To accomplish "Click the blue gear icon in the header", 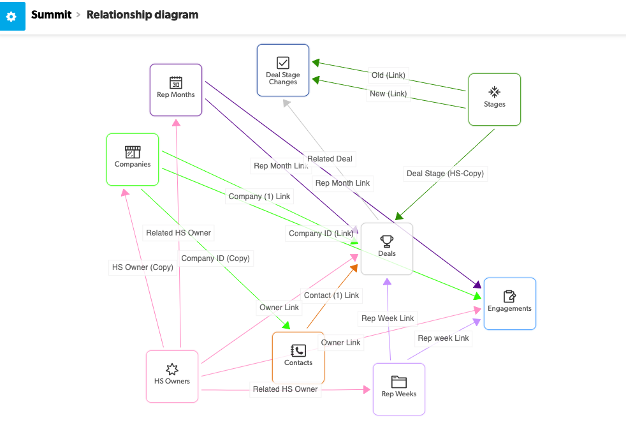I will pyautogui.click(x=12, y=16).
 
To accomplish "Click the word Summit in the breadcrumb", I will pyautogui.click(x=51, y=15).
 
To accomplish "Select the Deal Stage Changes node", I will pyautogui.click(x=283, y=70).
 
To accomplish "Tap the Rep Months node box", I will pyautogui.click(x=176, y=90).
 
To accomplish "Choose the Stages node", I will pyautogui.click(x=495, y=100).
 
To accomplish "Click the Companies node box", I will pyautogui.click(x=133, y=160).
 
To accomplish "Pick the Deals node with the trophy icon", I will pyautogui.click(x=387, y=249).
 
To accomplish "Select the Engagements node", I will pyautogui.click(x=510, y=304).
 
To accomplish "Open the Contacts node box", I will pyautogui.click(x=298, y=357).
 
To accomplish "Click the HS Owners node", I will pyautogui.click(x=172, y=377).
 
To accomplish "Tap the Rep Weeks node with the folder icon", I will pyautogui.click(x=399, y=389).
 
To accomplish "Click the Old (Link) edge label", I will pyautogui.click(x=388, y=75).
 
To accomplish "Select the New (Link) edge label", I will pyautogui.click(x=388, y=94).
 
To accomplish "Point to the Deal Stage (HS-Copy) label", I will pyautogui.click(x=445, y=174).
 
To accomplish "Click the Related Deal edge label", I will pyautogui.click(x=330, y=159).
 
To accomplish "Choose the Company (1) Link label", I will pyautogui.click(x=259, y=197).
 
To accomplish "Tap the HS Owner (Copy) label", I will pyautogui.click(x=143, y=267).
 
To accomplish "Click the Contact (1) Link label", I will pyautogui.click(x=331, y=295).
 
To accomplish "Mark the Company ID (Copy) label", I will pyautogui.click(x=215, y=258).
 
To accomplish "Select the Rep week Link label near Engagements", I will pyautogui.click(x=443, y=338).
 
